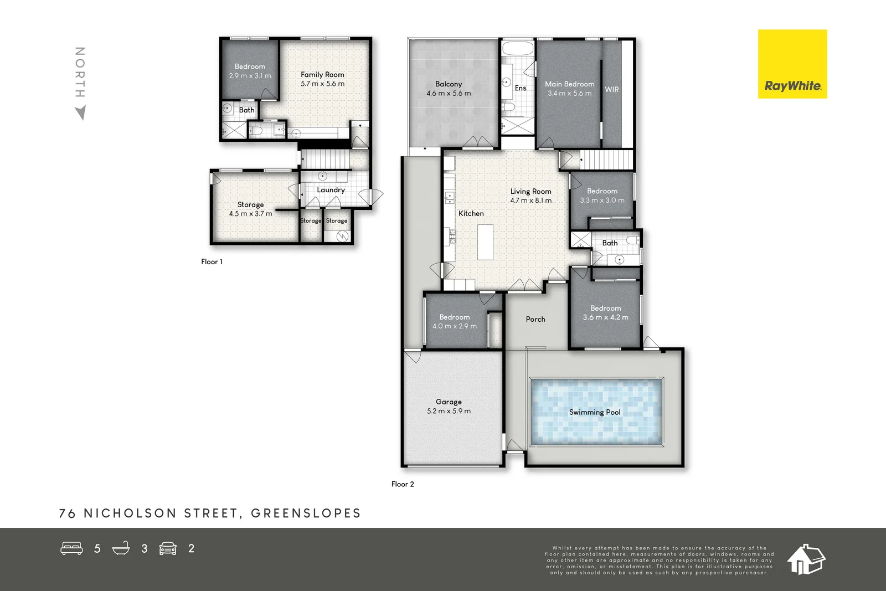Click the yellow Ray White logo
click(x=792, y=64)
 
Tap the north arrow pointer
click(x=81, y=113)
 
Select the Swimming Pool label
click(x=595, y=412)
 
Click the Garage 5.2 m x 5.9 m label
click(x=449, y=406)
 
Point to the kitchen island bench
click(x=485, y=241)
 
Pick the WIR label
click(x=611, y=89)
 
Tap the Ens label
click(x=521, y=88)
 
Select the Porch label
click(x=535, y=319)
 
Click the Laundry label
click(x=331, y=189)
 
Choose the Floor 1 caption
click(x=212, y=261)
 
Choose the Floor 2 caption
click(x=403, y=484)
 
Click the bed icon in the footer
click(x=71, y=548)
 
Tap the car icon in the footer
click(x=168, y=548)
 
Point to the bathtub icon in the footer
click(x=121, y=548)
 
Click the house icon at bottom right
click(x=806, y=559)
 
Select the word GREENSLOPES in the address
click(x=306, y=513)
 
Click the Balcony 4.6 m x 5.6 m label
click(x=449, y=89)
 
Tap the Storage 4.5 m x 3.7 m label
click(x=250, y=209)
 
